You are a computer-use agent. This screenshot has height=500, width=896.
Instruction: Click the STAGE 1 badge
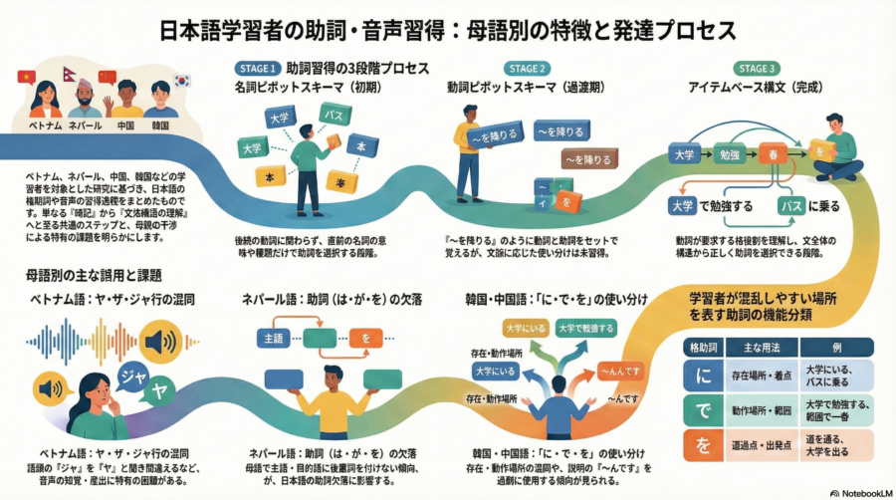(x=256, y=69)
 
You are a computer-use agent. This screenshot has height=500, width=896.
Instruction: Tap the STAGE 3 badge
(x=758, y=69)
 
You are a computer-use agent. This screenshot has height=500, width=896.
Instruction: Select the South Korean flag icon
(x=183, y=80)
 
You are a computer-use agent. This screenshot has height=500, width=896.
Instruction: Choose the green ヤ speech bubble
(x=158, y=391)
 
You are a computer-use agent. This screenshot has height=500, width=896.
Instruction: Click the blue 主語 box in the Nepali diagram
(x=276, y=339)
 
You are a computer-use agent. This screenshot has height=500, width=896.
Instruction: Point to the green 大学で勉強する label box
(x=586, y=328)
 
